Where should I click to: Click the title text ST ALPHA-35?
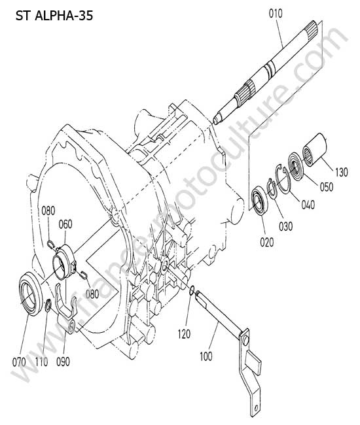pyautogui.click(x=54, y=16)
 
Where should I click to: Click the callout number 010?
pyautogui.click(x=276, y=13)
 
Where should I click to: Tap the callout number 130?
pyautogui.click(x=341, y=172)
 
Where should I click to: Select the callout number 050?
pyautogui.click(x=327, y=187)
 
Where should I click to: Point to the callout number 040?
pyautogui.click(x=308, y=205)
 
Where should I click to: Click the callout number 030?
pyautogui.click(x=286, y=226)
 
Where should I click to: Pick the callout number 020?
pyautogui.click(x=267, y=242)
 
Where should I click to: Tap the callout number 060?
pyautogui.click(x=65, y=224)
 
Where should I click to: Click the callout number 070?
pyautogui.click(x=19, y=362)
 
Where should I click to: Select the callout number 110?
pyautogui.click(x=41, y=362)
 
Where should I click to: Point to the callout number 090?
pyautogui.click(x=63, y=362)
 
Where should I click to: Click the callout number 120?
pyautogui.click(x=184, y=334)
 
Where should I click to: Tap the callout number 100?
pyautogui.click(x=206, y=356)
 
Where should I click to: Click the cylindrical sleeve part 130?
pyautogui.click(x=315, y=149)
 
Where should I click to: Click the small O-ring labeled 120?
pyautogui.click(x=192, y=290)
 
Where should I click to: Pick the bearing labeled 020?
pyautogui.click(x=260, y=200)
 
